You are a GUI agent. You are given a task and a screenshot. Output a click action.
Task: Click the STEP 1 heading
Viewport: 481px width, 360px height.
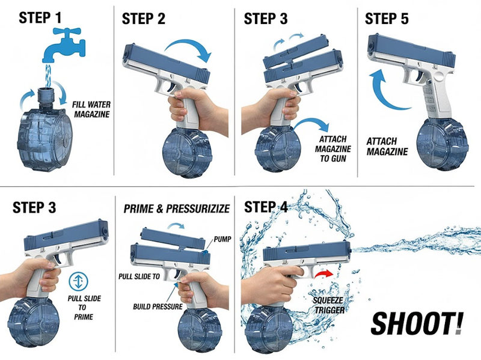click(40, 17)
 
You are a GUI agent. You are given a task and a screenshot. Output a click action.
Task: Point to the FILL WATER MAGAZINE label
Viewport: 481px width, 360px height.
click(91, 108)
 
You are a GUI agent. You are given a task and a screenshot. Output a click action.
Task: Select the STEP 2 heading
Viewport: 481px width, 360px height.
click(144, 18)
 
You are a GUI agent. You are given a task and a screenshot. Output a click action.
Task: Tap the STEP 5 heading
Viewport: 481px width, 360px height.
click(387, 18)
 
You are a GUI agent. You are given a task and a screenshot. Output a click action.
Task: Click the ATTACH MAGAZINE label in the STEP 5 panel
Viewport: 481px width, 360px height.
click(387, 145)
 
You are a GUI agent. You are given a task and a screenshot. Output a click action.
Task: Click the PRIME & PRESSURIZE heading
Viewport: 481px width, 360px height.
click(177, 209)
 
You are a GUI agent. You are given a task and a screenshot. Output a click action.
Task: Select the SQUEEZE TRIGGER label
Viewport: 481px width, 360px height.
click(327, 303)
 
